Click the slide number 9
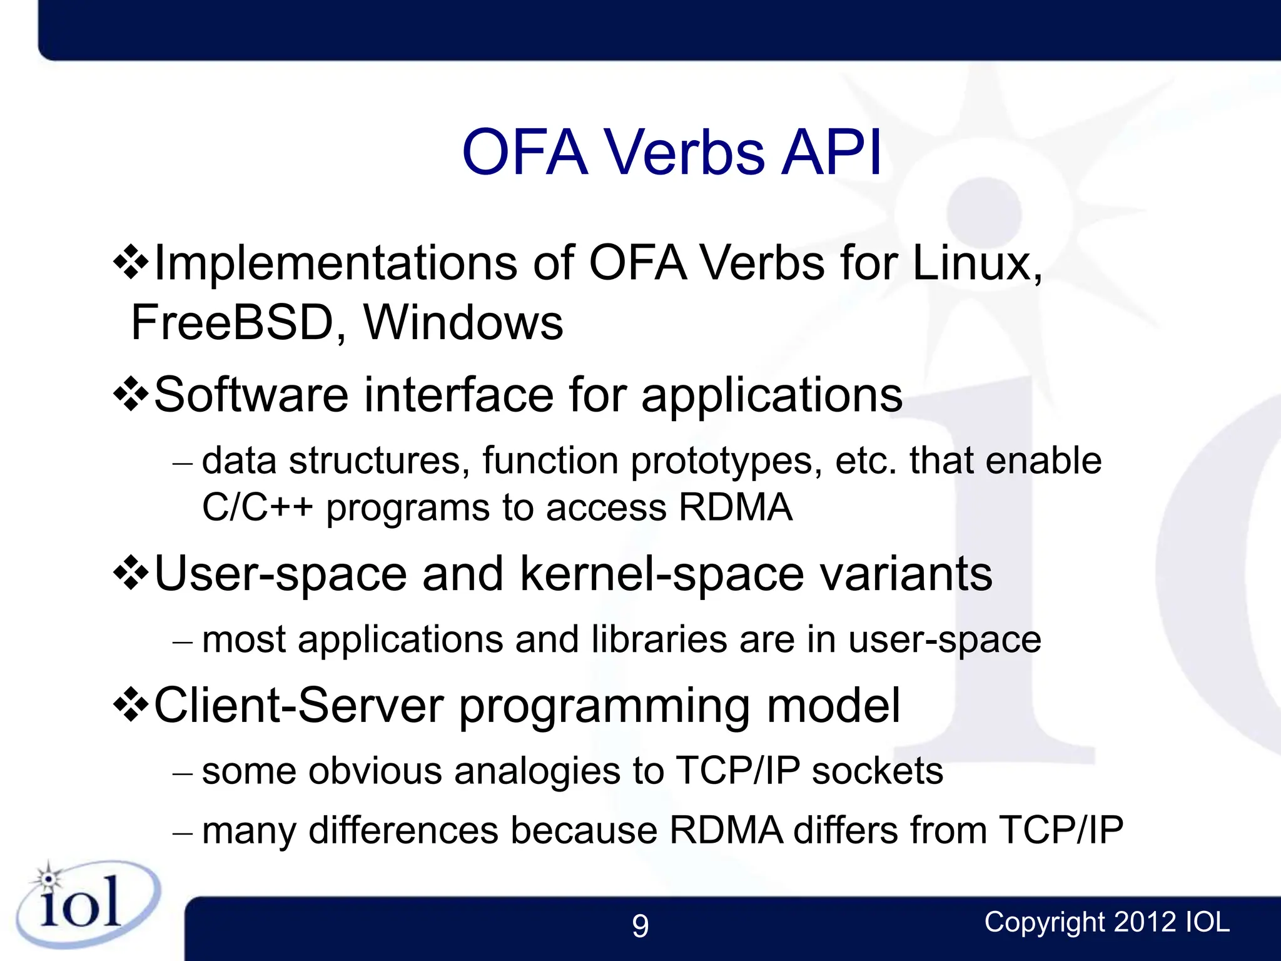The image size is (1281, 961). click(640, 926)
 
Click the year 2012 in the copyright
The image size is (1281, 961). click(1144, 922)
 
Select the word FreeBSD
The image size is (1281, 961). click(232, 323)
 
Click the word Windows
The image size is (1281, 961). click(463, 323)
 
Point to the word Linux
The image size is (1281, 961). click(976, 263)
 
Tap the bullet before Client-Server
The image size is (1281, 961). click(131, 706)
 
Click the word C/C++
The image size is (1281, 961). click(257, 507)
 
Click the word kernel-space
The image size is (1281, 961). click(662, 574)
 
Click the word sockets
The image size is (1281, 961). click(877, 771)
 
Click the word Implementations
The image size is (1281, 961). click(335, 263)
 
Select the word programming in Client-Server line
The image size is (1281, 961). click(604, 707)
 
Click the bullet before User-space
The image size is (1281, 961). click(131, 573)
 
